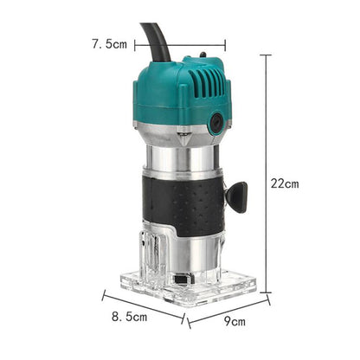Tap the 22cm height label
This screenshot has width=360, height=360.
284,183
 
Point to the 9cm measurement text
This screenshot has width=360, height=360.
234,322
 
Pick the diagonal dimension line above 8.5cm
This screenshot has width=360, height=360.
143,305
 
